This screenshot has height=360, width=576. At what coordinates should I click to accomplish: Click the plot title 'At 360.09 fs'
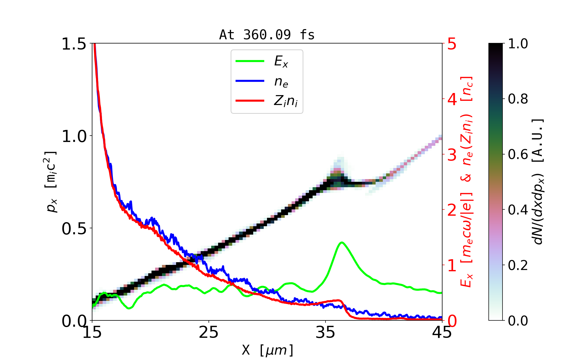[x=267, y=35]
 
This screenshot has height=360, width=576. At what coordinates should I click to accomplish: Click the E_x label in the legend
[x=281, y=61]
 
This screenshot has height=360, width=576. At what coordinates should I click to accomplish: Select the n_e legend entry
[x=281, y=81]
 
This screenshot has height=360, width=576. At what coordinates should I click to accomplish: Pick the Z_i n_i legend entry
[x=286, y=101]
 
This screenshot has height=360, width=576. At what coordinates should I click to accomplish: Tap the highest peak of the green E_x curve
[x=342, y=242]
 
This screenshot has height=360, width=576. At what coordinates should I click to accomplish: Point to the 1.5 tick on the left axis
[x=74, y=44]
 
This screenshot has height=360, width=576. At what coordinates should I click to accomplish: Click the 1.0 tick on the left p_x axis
[x=74, y=136]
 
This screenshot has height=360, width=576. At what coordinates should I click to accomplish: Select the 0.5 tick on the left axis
[x=74, y=229]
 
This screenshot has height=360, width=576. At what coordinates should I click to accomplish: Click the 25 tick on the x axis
[x=208, y=332]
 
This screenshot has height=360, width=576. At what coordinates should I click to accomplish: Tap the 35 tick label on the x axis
[x=325, y=332]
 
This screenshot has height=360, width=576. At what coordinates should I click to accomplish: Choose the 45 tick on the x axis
[x=442, y=332]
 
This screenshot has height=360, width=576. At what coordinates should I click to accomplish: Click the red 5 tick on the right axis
[x=452, y=44]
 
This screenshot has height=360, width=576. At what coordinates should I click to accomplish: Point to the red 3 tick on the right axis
[x=452, y=155]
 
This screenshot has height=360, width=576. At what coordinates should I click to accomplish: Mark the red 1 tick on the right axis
[x=452, y=265]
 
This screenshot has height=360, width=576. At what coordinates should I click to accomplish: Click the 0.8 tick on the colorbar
[x=518, y=99]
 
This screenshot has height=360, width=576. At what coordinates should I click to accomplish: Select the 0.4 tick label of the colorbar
[x=518, y=210]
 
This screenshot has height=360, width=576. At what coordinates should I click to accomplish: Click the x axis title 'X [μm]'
[x=268, y=350]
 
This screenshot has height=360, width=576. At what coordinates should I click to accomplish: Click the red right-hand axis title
[x=467, y=181]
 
